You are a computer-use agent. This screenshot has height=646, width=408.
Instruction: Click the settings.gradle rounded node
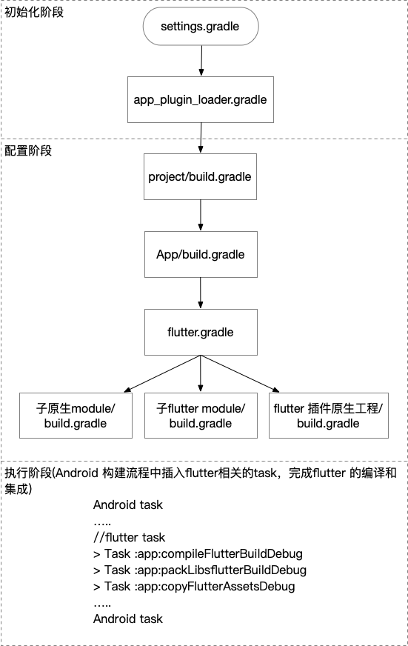click(200, 27)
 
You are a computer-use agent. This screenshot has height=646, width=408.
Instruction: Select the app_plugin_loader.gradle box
click(200, 99)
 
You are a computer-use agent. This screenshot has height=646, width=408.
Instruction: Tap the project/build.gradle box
click(200, 177)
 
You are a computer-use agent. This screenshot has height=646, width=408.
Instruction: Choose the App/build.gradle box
click(200, 255)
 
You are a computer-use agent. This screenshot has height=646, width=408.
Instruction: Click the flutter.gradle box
click(200, 332)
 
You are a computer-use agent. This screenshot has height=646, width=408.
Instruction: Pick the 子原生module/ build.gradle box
click(76, 416)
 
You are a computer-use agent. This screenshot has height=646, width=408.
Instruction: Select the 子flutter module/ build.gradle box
click(200, 416)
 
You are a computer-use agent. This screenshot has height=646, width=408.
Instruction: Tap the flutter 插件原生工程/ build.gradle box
click(328, 416)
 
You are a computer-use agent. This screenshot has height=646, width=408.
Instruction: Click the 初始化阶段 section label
click(34, 12)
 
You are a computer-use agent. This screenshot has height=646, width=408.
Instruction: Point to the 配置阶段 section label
click(29, 150)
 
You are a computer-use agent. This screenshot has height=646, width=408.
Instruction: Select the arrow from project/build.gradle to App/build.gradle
click(200, 216)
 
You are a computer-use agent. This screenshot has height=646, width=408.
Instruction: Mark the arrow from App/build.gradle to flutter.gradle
click(200, 293)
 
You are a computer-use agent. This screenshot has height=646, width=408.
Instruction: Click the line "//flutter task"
click(130, 537)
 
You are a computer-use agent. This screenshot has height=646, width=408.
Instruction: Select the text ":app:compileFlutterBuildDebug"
click(215, 554)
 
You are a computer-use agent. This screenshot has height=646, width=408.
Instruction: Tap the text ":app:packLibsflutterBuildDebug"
click(218, 570)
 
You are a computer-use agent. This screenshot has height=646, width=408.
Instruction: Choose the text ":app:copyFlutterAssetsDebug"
click(212, 587)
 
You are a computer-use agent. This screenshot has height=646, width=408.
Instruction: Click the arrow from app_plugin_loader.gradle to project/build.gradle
click(200, 138)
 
